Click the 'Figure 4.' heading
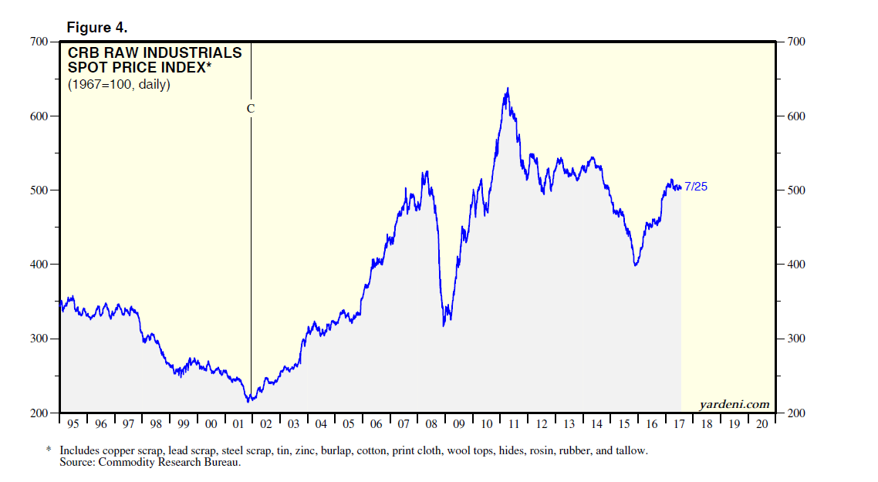point(97,28)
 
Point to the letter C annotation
point(250,109)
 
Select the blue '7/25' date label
point(696,187)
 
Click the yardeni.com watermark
point(734,404)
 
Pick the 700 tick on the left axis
point(39,42)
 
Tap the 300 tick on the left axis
point(39,339)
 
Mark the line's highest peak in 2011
point(507,89)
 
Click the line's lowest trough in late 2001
point(248,401)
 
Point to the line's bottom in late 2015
point(635,265)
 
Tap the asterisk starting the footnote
point(49,450)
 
